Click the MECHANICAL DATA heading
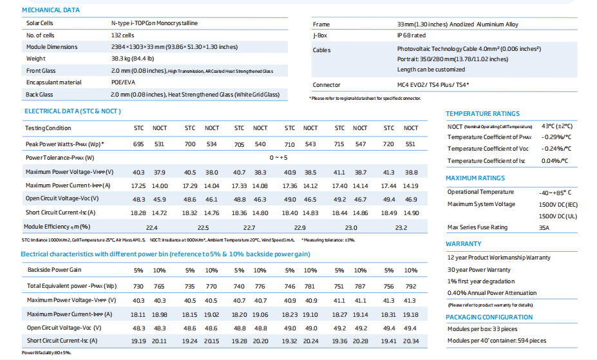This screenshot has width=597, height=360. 51,10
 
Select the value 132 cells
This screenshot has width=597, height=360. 122,35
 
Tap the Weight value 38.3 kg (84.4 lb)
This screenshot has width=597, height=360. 133,59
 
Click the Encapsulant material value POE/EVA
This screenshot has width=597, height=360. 123,82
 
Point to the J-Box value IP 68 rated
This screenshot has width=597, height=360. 411,35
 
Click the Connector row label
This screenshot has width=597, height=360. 327,85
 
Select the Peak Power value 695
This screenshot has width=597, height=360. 138,144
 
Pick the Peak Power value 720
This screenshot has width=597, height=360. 388,144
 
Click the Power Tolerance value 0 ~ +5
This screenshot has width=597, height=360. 278,158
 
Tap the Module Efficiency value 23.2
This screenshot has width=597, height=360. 401,227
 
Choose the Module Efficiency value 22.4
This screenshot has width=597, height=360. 151,227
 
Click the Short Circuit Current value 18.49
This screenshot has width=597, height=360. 389,213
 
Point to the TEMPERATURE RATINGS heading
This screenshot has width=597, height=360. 482,114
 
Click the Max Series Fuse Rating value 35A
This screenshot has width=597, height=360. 544,227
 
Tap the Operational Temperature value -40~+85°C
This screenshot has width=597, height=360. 555,193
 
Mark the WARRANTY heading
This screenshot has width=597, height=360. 463,244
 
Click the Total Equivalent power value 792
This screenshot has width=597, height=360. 411,286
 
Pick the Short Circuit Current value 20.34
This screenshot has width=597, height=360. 411,341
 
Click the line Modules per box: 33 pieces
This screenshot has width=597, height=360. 482,329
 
